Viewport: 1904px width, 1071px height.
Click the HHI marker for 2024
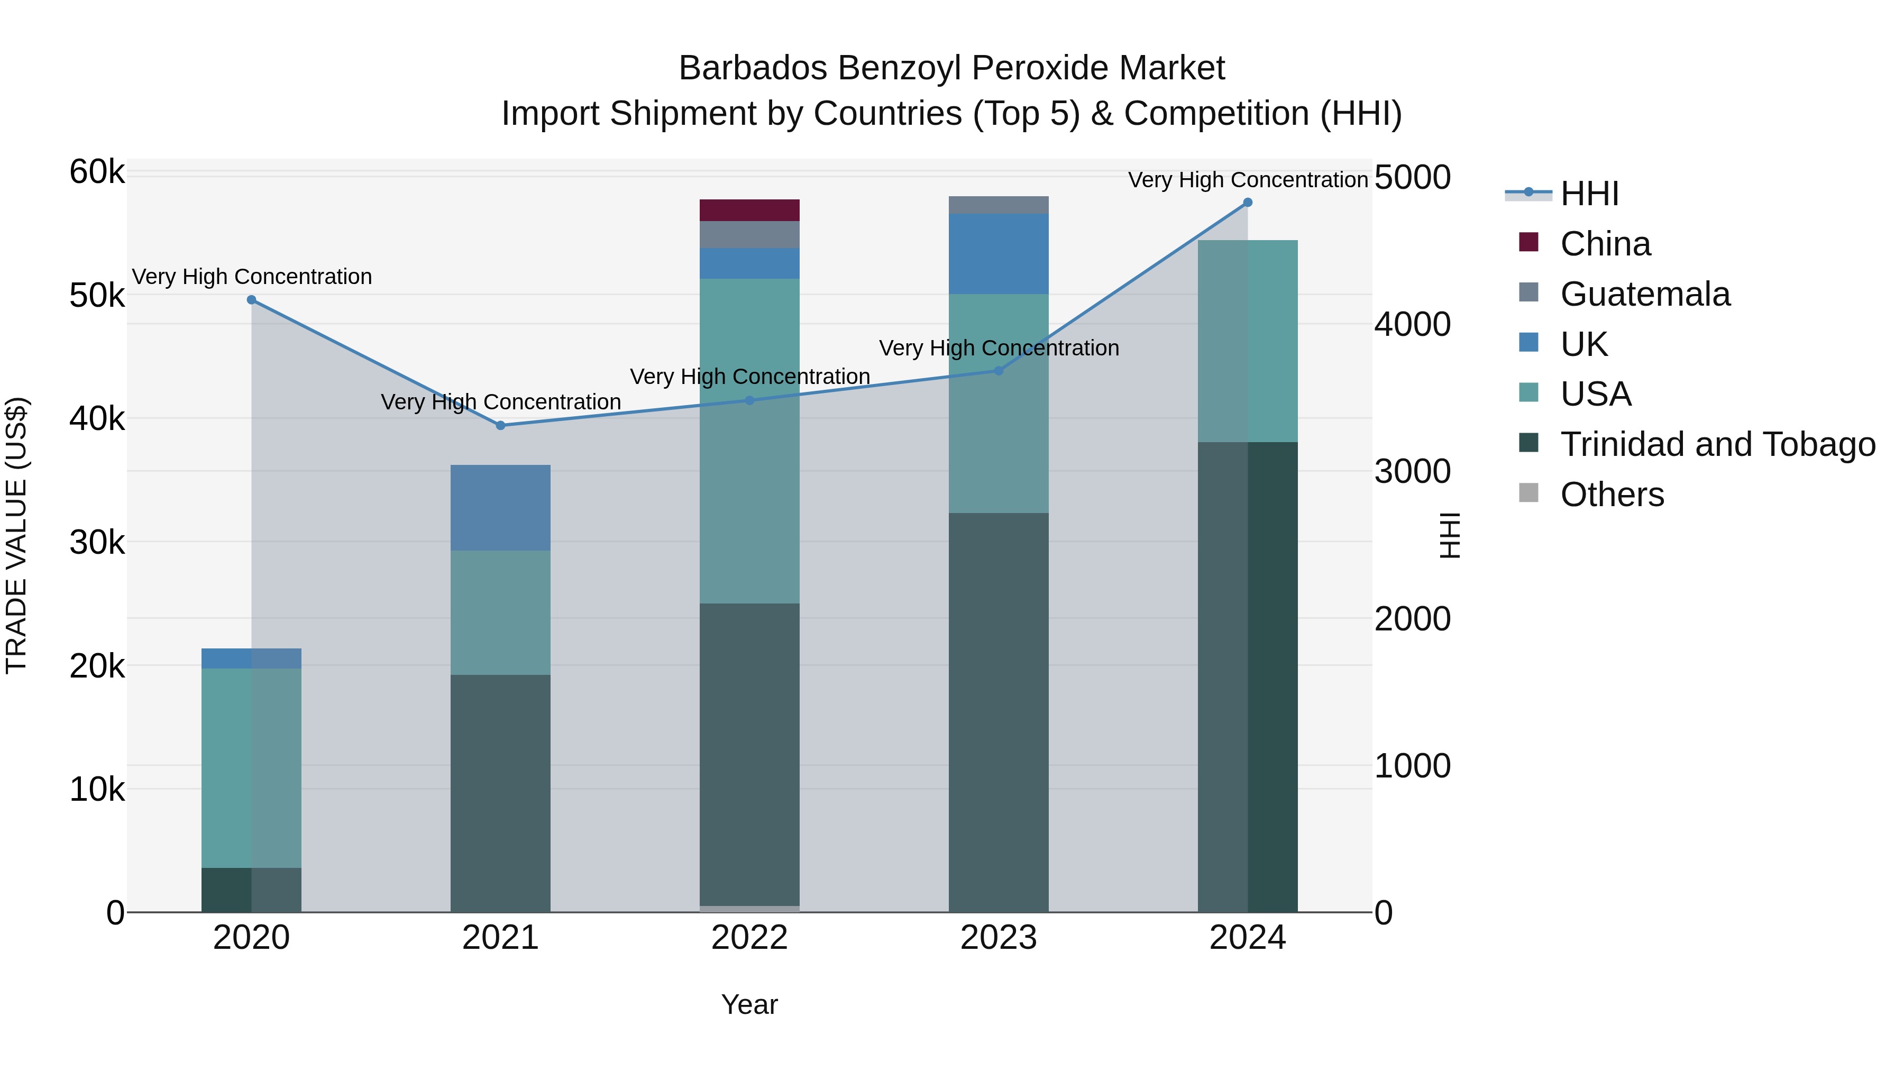[1248, 203]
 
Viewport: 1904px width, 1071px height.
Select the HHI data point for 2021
[500, 426]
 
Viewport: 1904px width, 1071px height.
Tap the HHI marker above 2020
[251, 300]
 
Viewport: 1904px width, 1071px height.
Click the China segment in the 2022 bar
[749, 210]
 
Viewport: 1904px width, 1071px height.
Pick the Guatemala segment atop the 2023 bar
[999, 206]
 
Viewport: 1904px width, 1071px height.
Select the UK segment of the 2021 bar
[500, 508]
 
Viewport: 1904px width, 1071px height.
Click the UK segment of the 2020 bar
[251, 658]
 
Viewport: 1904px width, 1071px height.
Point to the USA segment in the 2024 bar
[1248, 342]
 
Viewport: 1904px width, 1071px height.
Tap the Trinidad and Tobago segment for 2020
[251, 890]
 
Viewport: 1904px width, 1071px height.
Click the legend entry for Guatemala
[1644, 294]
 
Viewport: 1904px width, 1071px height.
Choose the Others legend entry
[1612, 495]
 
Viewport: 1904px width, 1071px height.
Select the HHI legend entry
[1589, 194]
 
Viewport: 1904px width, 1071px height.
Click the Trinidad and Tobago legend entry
[1717, 444]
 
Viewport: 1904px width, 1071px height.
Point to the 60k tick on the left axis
[97, 172]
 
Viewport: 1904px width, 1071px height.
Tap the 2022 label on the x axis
[749, 938]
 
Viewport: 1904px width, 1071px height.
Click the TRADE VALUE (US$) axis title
[17, 536]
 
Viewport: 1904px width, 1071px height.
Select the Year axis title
[749, 1004]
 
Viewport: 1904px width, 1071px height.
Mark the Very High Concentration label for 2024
[1248, 180]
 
